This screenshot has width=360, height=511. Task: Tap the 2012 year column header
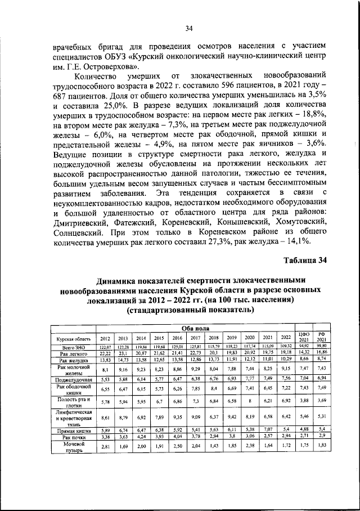pyautogui.click(x=105, y=339)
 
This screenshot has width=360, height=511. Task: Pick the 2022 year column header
pyautogui.click(x=287, y=339)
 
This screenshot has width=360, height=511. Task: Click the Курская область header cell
pyautogui.click(x=70, y=339)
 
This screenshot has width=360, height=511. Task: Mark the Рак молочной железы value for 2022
pyautogui.click(x=287, y=369)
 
